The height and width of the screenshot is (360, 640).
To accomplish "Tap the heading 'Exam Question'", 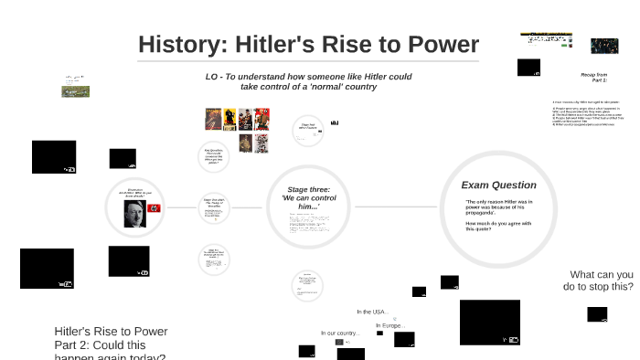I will pyautogui.click(x=498, y=185).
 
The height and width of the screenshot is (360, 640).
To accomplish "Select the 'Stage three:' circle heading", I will pyautogui.click(x=308, y=190).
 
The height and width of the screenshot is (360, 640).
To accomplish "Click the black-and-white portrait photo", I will pyautogui.click(x=135, y=213).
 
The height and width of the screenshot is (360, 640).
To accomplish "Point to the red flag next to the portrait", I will pyautogui.click(x=153, y=209).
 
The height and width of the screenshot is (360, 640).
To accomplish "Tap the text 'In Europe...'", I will pyautogui.click(x=390, y=325).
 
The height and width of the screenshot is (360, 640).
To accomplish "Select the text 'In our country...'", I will pyautogui.click(x=340, y=333).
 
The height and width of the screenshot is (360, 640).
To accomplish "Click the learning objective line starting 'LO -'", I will pyautogui.click(x=308, y=81).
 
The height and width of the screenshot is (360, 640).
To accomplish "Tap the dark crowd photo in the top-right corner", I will pyautogui.click(x=604, y=46).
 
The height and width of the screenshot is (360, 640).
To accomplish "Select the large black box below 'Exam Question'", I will pyautogui.click(x=489, y=323).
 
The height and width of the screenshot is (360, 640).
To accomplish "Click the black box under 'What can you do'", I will pyautogui.click(x=597, y=314).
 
